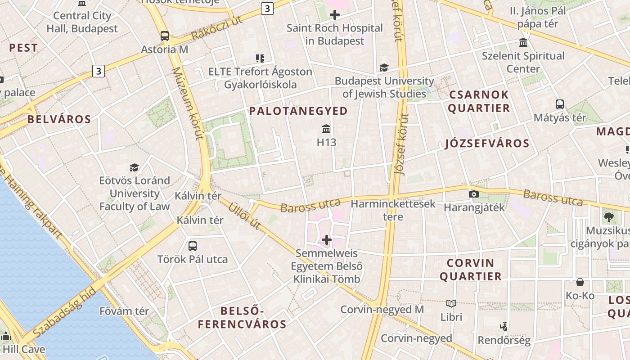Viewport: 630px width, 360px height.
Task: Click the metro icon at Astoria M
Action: click(165, 36)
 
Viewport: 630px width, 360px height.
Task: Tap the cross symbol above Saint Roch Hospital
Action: click(334, 15)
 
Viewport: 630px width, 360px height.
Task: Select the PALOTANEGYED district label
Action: click(298, 111)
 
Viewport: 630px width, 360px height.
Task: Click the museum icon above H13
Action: click(327, 130)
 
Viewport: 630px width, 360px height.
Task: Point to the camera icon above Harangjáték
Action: click(473, 194)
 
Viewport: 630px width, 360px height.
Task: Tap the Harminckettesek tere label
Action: click(393, 210)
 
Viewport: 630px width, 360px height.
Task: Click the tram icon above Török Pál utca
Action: click(193, 246)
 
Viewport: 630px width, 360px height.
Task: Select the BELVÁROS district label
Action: click(59, 119)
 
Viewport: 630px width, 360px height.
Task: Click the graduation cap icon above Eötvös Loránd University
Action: click(134, 167)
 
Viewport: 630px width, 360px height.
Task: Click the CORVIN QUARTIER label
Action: click(470, 270)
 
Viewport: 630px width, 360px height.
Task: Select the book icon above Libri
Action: click(451, 304)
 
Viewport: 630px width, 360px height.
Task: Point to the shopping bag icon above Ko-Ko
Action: click(580, 282)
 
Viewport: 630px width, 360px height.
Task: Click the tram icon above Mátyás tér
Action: click(560, 104)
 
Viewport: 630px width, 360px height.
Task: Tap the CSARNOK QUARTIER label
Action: click(479, 101)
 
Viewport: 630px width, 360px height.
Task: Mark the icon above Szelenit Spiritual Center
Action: click(523, 43)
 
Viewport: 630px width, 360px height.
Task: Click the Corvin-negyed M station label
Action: click(382, 310)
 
